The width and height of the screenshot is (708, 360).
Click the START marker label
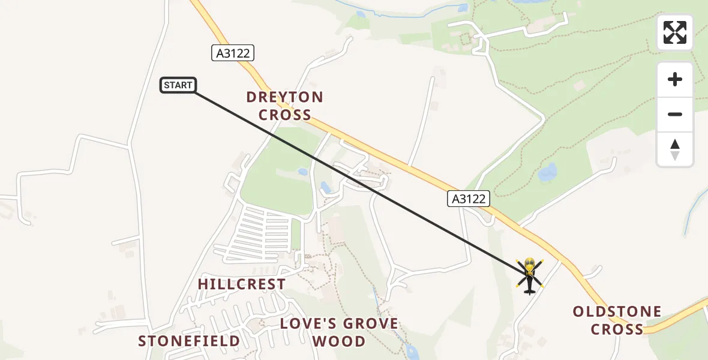pos(178,85)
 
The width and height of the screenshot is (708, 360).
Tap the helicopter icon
pos(529,275)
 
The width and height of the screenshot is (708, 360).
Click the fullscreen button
pos(674,32)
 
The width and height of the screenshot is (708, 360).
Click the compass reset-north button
pos(675,149)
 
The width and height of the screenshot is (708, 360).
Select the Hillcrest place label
pos(241,284)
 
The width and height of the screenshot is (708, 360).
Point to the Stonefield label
pos(189,341)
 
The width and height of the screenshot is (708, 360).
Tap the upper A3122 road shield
pos(233,53)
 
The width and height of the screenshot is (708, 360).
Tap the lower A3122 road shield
pos(469,199)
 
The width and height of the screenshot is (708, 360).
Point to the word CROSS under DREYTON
pos(284,115)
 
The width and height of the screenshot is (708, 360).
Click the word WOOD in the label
pos(339,341)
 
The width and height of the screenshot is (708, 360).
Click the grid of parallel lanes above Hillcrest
pos(264,231)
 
